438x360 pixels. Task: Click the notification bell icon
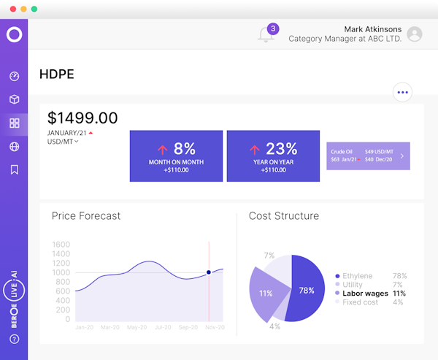266,34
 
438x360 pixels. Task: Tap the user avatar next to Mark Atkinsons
415,34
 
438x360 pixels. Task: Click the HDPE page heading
56,74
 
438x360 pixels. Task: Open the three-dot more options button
402,92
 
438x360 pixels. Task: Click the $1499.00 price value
82,118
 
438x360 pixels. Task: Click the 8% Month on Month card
177,156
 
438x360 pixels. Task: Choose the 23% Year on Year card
273,156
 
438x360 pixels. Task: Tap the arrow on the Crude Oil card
401,156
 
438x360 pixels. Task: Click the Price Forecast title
86,216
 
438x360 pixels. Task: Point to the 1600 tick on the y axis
61,245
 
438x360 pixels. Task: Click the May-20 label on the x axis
137,328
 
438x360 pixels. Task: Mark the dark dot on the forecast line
209,272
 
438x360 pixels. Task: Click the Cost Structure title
283,216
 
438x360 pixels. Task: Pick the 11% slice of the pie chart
266,293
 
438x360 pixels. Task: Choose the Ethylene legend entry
357,276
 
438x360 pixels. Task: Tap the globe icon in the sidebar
14,147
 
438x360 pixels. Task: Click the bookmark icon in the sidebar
14,170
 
